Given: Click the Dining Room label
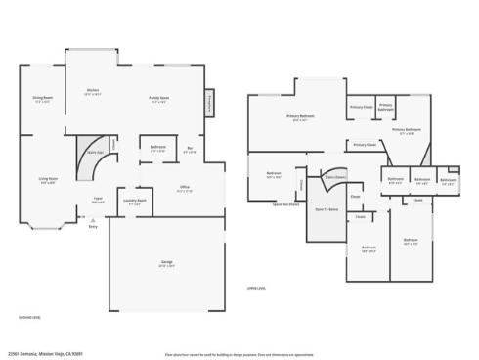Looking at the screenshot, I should pos(42,99).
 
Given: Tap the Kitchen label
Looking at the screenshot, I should pos(92,92).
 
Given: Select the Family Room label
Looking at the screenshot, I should pos(158,99).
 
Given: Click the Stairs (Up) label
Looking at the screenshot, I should pos(95,153).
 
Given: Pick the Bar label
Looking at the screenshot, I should pos(190,150).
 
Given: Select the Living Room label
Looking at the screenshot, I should pos(48,180).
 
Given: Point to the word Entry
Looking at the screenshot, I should pos(94,226).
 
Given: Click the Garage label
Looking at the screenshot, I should pos(167,263).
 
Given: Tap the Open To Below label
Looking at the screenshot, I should pos(327,208).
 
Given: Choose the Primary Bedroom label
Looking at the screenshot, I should pos(300,118).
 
